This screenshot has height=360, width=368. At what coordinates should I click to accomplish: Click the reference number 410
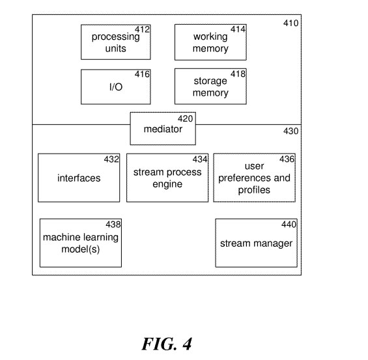[x=290, y=23]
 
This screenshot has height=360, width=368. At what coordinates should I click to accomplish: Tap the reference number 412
[x=142, y=29]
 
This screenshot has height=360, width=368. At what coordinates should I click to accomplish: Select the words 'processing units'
[x=116, y=42]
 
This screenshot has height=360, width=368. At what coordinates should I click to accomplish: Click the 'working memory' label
[x=210, y=42]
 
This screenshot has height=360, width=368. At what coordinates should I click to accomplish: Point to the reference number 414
[x=238, y=29]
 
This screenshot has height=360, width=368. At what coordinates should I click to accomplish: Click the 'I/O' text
[x=116, y=87]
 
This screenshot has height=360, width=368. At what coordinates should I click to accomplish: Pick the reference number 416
[x=142, y=74]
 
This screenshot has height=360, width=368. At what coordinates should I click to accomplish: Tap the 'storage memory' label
[x=210, y=87]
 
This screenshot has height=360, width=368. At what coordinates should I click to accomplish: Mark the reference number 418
[x=238, y=74]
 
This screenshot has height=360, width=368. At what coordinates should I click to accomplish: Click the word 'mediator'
[x=163, y=129]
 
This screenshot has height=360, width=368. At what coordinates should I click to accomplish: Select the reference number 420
[x=186, y=118]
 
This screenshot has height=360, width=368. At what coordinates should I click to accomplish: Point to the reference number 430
[x=290, y=131]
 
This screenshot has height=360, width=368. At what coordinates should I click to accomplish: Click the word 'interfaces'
[x=79, y=178]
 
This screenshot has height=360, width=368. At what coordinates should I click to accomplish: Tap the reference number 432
[x=111, y=159]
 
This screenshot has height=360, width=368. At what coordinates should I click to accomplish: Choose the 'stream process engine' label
[x=167, y=178]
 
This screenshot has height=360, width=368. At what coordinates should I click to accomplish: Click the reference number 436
[x=287, y=159]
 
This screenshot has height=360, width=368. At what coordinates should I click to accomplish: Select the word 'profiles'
[x=254, y=190]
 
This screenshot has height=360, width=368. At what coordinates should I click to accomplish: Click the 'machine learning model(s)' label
[x=81, y=243]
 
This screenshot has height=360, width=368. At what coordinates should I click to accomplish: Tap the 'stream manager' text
[x=256, y=243]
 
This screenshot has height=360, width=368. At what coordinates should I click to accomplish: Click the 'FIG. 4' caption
[x=167, y=344]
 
